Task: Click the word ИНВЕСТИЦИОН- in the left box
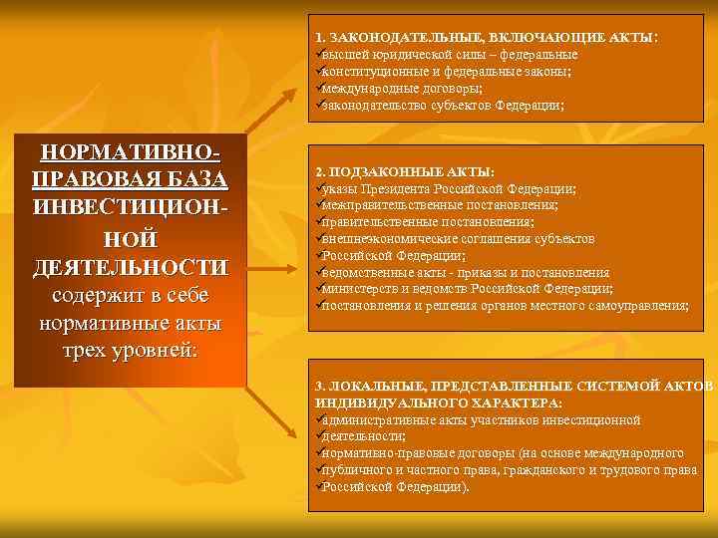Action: tap(131, 210)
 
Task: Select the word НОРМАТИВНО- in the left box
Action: tap(131, 154)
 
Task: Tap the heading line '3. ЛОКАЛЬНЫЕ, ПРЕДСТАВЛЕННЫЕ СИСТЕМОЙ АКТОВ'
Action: tap(514, 386)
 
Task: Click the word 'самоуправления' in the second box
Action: tap(638, 306)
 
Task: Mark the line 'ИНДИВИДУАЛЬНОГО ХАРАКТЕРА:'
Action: tap(438, 403)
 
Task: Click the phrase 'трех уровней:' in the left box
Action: tap(131, 352)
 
